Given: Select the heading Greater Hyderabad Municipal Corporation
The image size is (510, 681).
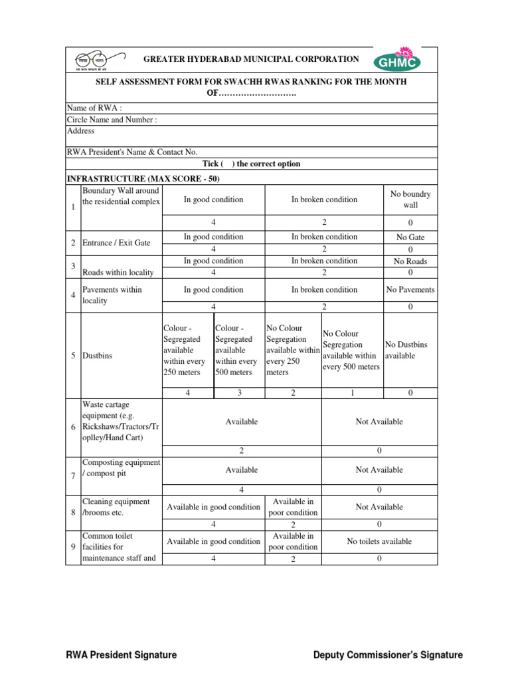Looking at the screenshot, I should (252, 59).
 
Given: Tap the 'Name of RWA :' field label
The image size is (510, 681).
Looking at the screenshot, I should (94, 108).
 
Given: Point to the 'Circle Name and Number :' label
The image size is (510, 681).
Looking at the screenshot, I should (112, 120).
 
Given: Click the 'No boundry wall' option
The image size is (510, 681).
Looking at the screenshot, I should (410, 200).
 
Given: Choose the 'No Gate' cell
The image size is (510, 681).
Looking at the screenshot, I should (410, 237).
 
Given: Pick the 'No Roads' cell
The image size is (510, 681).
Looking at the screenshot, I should (410, 261).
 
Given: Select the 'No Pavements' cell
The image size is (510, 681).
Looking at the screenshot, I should (410, 290).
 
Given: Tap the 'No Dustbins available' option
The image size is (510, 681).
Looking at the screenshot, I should (406, 350).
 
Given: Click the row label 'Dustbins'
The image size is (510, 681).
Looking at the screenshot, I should (97, 356).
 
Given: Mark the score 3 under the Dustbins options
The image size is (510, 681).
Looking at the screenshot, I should (239, 393).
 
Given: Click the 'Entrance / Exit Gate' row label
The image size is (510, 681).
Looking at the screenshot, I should (116, 243).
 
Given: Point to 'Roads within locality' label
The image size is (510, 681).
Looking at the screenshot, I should (118, 272).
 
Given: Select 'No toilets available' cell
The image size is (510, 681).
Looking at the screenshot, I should (379, 541).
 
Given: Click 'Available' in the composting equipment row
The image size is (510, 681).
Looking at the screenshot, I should (242, 470).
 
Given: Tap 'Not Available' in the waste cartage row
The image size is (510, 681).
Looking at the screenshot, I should (379, 422).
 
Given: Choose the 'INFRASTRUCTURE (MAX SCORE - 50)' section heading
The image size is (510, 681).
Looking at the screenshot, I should (143, 179).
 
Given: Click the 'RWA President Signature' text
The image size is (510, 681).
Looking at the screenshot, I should (121, 655).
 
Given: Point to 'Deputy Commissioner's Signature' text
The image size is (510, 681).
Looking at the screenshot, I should (388, 655).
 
